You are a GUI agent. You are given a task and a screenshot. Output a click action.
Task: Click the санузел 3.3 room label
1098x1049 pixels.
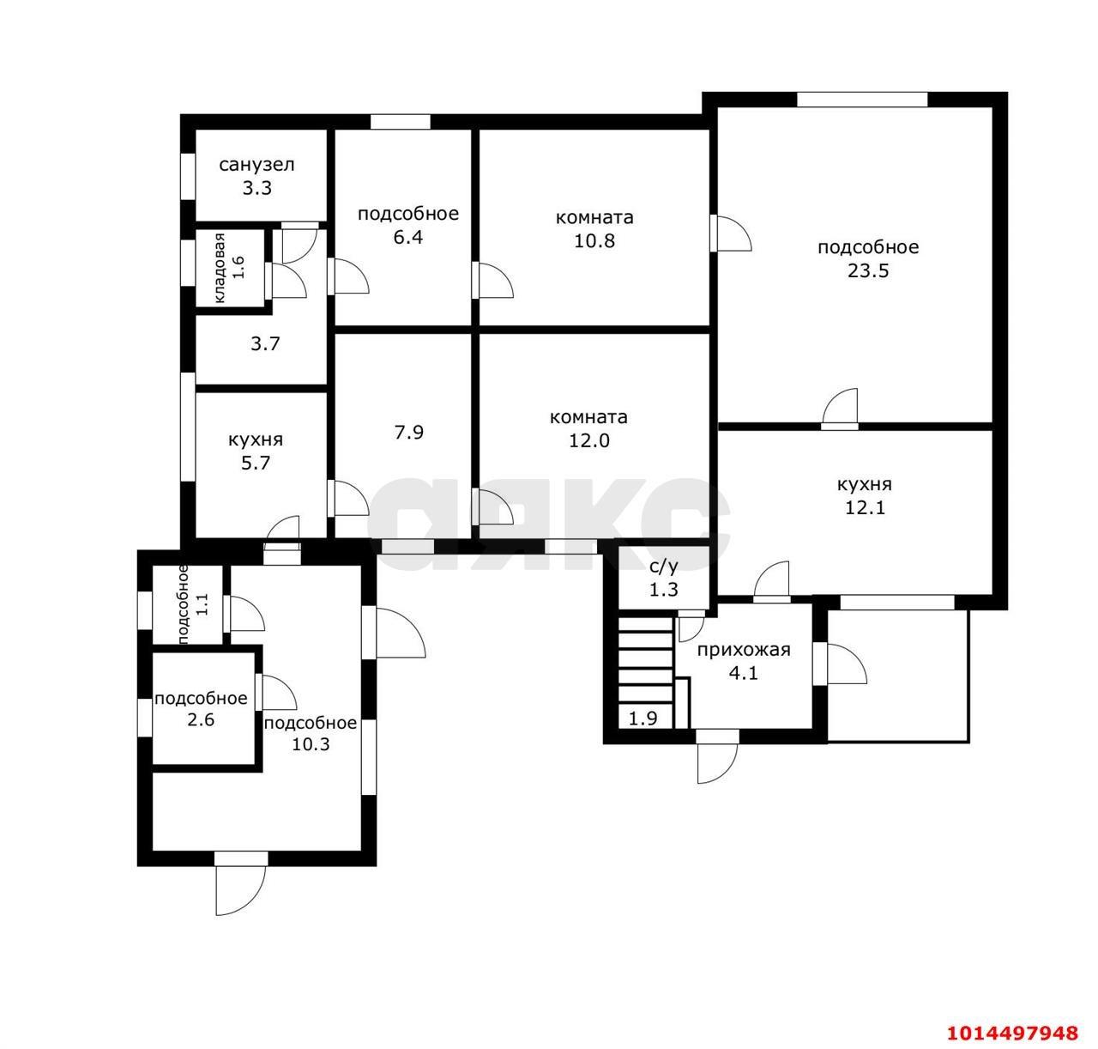click(256, 176)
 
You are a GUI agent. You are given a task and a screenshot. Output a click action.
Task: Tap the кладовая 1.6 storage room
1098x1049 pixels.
click(230, 268)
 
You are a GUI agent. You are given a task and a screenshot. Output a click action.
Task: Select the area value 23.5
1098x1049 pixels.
click(868, 270)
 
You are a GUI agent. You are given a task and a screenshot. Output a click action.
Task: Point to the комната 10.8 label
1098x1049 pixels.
click(594, 228)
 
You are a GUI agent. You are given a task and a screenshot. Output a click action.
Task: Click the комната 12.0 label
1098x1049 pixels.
click(588, 428)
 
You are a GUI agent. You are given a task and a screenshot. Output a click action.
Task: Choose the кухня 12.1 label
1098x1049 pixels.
click(865, 495)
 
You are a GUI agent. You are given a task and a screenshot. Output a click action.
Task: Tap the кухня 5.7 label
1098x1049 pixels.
click(256, 451)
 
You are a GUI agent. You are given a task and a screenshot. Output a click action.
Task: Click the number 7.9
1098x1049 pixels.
click(408, 433)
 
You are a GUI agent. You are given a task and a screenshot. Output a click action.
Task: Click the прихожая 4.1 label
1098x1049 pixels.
click(744, 661)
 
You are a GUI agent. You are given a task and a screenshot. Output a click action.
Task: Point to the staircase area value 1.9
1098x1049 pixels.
click(643, 719)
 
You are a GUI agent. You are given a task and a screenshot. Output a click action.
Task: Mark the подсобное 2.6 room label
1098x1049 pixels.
click(201, 709)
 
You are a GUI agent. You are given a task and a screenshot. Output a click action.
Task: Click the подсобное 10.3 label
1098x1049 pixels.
click(311, 733)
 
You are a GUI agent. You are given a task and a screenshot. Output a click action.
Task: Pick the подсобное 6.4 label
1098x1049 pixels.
click(408, 225)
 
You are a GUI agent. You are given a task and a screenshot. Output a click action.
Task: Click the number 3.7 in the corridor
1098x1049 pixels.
click(265, 344)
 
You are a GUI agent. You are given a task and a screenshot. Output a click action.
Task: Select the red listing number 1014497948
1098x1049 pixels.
click(1012, 1034)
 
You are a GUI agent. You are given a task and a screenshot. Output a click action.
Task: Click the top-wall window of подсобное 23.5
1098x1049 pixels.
click(862, 100)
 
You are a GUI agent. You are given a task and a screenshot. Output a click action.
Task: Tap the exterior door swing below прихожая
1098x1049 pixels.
click(717, 756)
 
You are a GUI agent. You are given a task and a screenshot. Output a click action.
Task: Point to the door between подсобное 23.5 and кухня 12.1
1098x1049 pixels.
click(840, 409)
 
